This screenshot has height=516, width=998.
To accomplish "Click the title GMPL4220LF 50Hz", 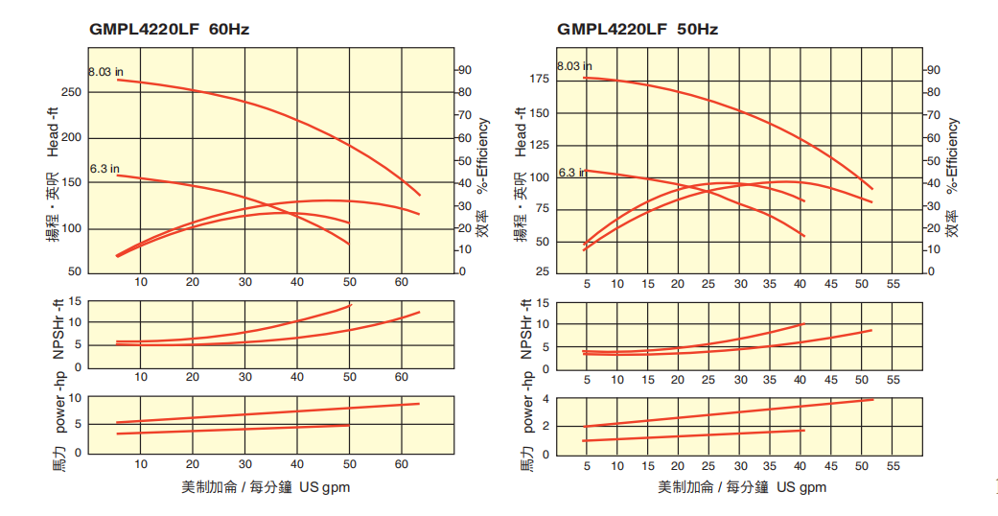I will click(x=638, y=29).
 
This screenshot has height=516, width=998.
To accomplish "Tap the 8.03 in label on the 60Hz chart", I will click(x=105, y=72).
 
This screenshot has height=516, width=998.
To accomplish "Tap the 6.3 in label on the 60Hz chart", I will click(x=104, y=169).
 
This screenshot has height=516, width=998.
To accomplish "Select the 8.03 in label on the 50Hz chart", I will click(x=574, y=66).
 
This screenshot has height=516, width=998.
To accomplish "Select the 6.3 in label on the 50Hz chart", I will click(x=572, y=173).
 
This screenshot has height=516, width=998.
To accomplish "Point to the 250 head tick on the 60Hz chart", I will click(x=73, y=92).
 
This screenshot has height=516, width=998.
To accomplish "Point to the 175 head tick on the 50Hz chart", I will click(x=539, y=79).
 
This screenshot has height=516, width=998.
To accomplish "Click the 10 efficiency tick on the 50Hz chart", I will click(x=931, y=249).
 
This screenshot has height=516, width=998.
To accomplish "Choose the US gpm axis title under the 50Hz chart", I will click(x=741, y=487).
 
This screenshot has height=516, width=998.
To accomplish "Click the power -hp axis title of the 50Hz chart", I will click(x=527, y=402).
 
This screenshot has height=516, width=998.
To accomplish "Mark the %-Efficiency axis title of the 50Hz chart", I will click(x=952, y=156).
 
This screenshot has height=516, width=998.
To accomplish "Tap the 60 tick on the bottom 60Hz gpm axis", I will click(x=402, y=464).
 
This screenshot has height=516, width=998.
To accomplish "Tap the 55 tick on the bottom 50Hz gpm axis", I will click(x=893, y=466).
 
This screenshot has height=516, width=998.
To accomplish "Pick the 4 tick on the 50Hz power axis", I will click(x=545, y=399).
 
